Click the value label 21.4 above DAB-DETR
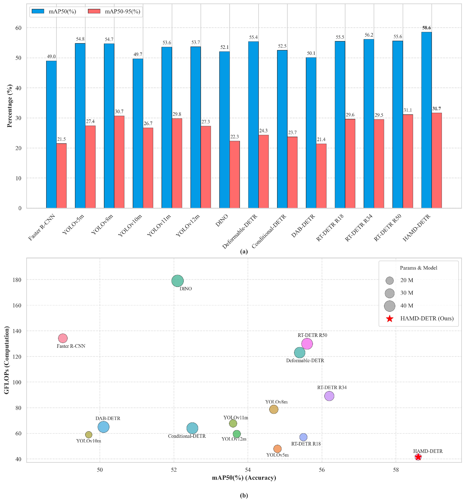321,140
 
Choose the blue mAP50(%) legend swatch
38,11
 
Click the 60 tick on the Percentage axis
18,28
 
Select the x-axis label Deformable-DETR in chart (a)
240,231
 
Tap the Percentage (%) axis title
9,106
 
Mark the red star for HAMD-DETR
418,457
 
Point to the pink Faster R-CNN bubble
63,338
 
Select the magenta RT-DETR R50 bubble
307,344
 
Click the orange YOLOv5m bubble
277,449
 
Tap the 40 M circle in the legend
389,306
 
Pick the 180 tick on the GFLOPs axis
17,280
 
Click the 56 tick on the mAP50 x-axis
322,470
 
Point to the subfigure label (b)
244,495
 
